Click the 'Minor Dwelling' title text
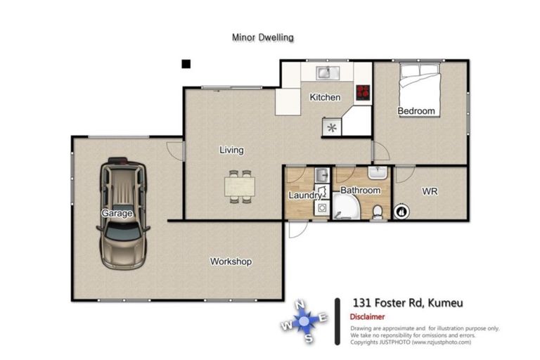pyautogui.click(x=262, y=37)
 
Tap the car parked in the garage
pyautogui.click(x=123, y=214)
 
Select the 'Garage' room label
pyautogui.click(x=116, y=213)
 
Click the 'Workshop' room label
pyautogui.click(x=231, y=262)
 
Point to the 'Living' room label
pyautogui.click(x=231, y=150)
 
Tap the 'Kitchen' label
pyautogui.click(x=325, y=97)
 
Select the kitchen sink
pyautogui.click(x=327, y=72)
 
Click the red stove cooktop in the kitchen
pyautogui.click(x=363, y=91)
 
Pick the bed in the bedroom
pyautogui.click(x=420, y=88)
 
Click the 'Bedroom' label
pyautogui.click(x=416, y=111)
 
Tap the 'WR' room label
pyautogui.click(x=430, y=191)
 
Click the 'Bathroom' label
pyautogui.click(x=360, y=191)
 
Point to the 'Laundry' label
pyautogui.click(x=305, y=195)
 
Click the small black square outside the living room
pyautogui.click(x=186, y=64)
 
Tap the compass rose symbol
pyautogui.click(x=304, y=321)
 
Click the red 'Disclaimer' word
pyautogui.click(x=367, y=317)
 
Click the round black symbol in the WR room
pyautogui.click(x=401, y=210)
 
